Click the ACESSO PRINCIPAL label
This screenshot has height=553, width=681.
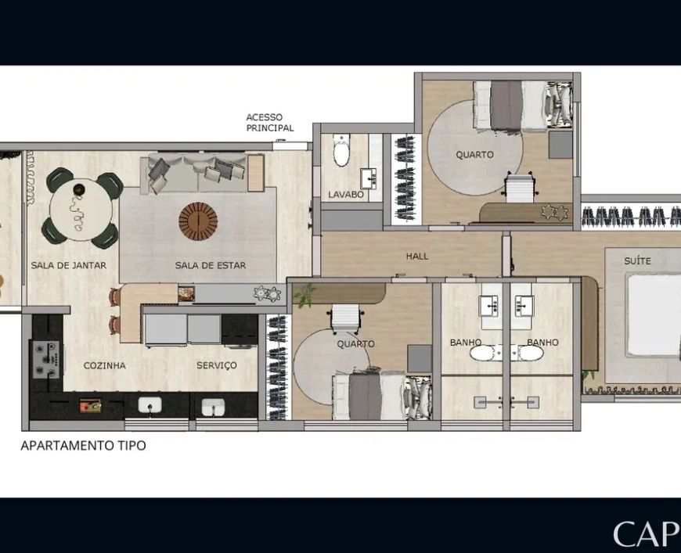270,122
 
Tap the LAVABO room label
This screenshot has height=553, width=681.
346,195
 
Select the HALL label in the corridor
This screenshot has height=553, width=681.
417,256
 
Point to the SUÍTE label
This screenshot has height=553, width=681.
637,261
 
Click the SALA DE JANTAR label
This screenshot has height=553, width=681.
69,265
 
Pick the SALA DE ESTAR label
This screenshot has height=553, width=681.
211,265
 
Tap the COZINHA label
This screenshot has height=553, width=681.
105,365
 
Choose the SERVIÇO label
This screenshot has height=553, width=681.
217,365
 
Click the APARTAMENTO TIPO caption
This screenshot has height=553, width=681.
84,445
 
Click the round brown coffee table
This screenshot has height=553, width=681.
198,221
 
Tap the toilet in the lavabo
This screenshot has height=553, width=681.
341,150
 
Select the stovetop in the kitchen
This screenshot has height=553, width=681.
45,359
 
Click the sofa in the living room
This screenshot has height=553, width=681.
198,172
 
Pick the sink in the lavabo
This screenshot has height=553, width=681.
368,178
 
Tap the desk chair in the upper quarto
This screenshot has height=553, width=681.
520,187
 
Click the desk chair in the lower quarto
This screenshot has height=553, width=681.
346,319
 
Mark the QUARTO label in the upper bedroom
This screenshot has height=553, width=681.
474,155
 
